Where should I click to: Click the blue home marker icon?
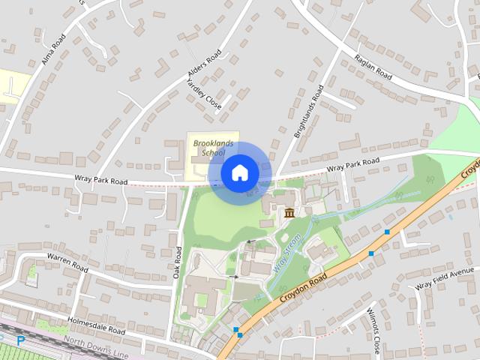point(238,173)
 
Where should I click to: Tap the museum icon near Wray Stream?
point(289,215)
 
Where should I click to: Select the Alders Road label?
point(203,67)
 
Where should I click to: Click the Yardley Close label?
point(205,94)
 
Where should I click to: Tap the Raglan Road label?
point(373,66)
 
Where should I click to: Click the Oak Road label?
point(178,262)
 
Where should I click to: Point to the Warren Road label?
point(68,264)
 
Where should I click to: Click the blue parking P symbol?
point(20,340)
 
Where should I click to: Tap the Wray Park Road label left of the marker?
point(101,181)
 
